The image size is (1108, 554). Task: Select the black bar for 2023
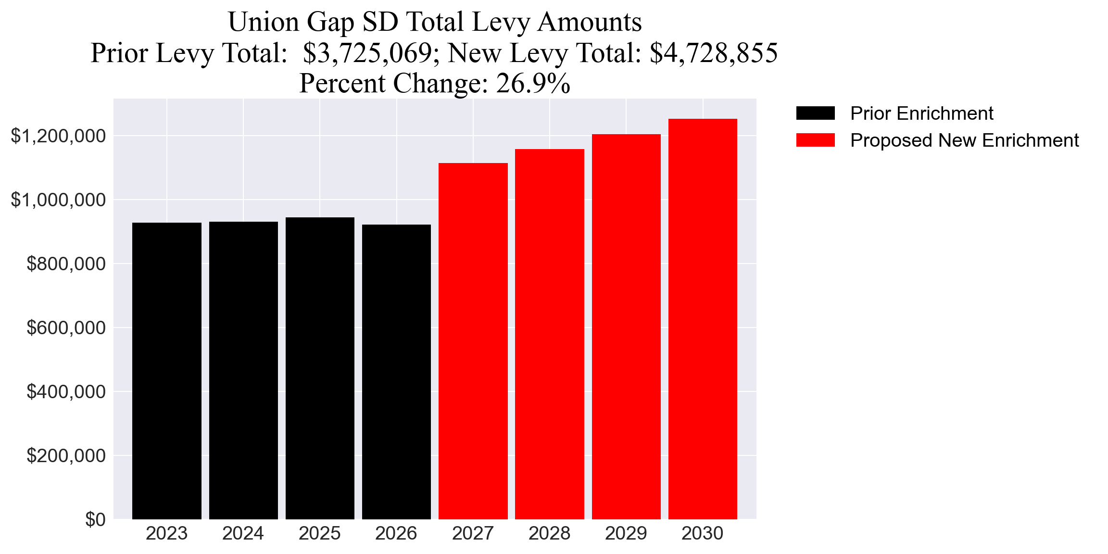click(166, 370)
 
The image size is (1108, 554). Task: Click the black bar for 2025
click(320, 368)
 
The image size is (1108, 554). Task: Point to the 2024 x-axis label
click(243, 533)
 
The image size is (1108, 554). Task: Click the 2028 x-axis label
click(549, 533)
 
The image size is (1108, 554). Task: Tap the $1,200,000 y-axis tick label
click(58, 136)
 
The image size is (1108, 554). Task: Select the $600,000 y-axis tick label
click(66, 327)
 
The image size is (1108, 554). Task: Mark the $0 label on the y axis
click(95, 519)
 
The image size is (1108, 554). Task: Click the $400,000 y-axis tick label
click(66, 391)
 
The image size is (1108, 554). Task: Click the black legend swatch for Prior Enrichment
click(815, 113)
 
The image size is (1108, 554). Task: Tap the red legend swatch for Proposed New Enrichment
click(815, 140)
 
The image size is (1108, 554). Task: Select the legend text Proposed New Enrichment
click(964, 140)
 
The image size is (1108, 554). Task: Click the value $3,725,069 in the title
click(368, 53)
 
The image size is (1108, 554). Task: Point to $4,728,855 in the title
click(713, 53)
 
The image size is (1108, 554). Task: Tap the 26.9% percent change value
click(533, 83)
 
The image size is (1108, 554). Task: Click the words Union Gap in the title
click(291, 22)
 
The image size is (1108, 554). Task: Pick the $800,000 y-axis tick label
click(66, 264)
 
